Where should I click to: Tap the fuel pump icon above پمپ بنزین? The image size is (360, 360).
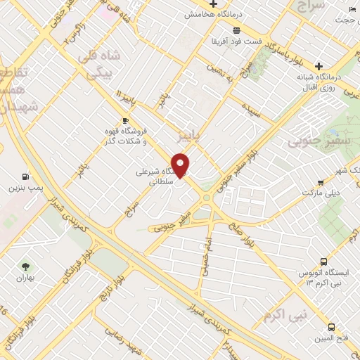26,176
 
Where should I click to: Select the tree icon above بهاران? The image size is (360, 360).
26,266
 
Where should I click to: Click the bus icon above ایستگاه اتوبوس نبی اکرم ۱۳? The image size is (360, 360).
323,261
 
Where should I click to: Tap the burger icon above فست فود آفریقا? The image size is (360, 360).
237,30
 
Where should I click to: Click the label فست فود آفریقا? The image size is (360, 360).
237,41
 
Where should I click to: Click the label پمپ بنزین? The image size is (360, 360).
26,188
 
